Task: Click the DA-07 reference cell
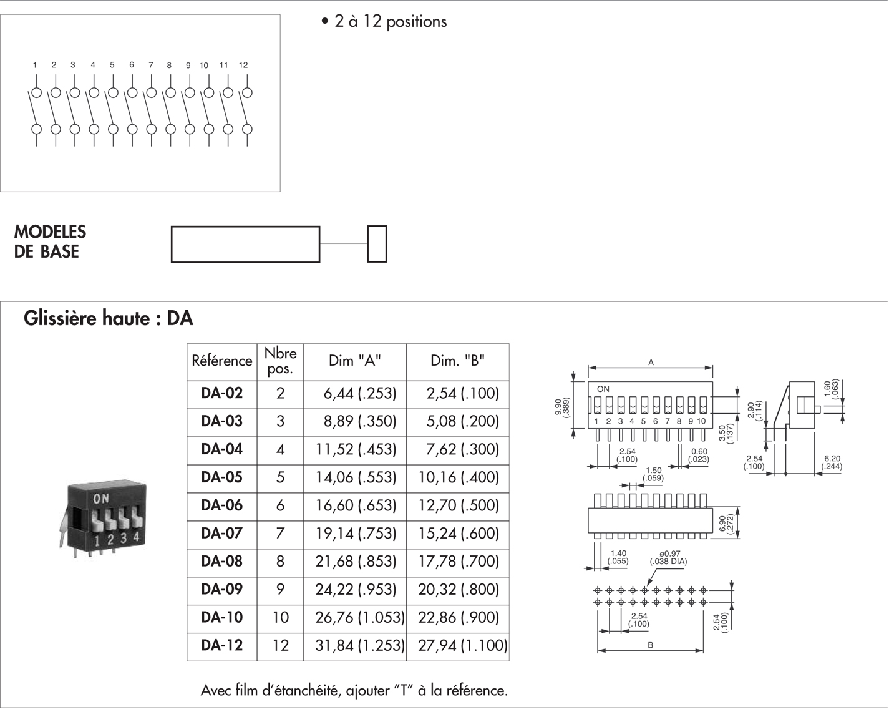(221, 534)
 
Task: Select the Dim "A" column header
(354, 361)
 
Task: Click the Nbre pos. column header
(280, 361)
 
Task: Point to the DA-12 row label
(221, 646)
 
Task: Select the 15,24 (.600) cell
(459, 534)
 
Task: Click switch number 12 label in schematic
(243, 65)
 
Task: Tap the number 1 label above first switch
(35, 65)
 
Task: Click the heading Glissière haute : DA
(109, 319)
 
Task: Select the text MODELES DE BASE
(50, 242)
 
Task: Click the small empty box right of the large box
(377, 244)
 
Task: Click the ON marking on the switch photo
(100, 499)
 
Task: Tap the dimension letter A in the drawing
(651, 362)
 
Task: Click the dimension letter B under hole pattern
(650, 645)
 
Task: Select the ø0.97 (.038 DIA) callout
(668, 558)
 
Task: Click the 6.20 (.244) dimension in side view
(832, 462)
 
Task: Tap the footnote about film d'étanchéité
(354, 691)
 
